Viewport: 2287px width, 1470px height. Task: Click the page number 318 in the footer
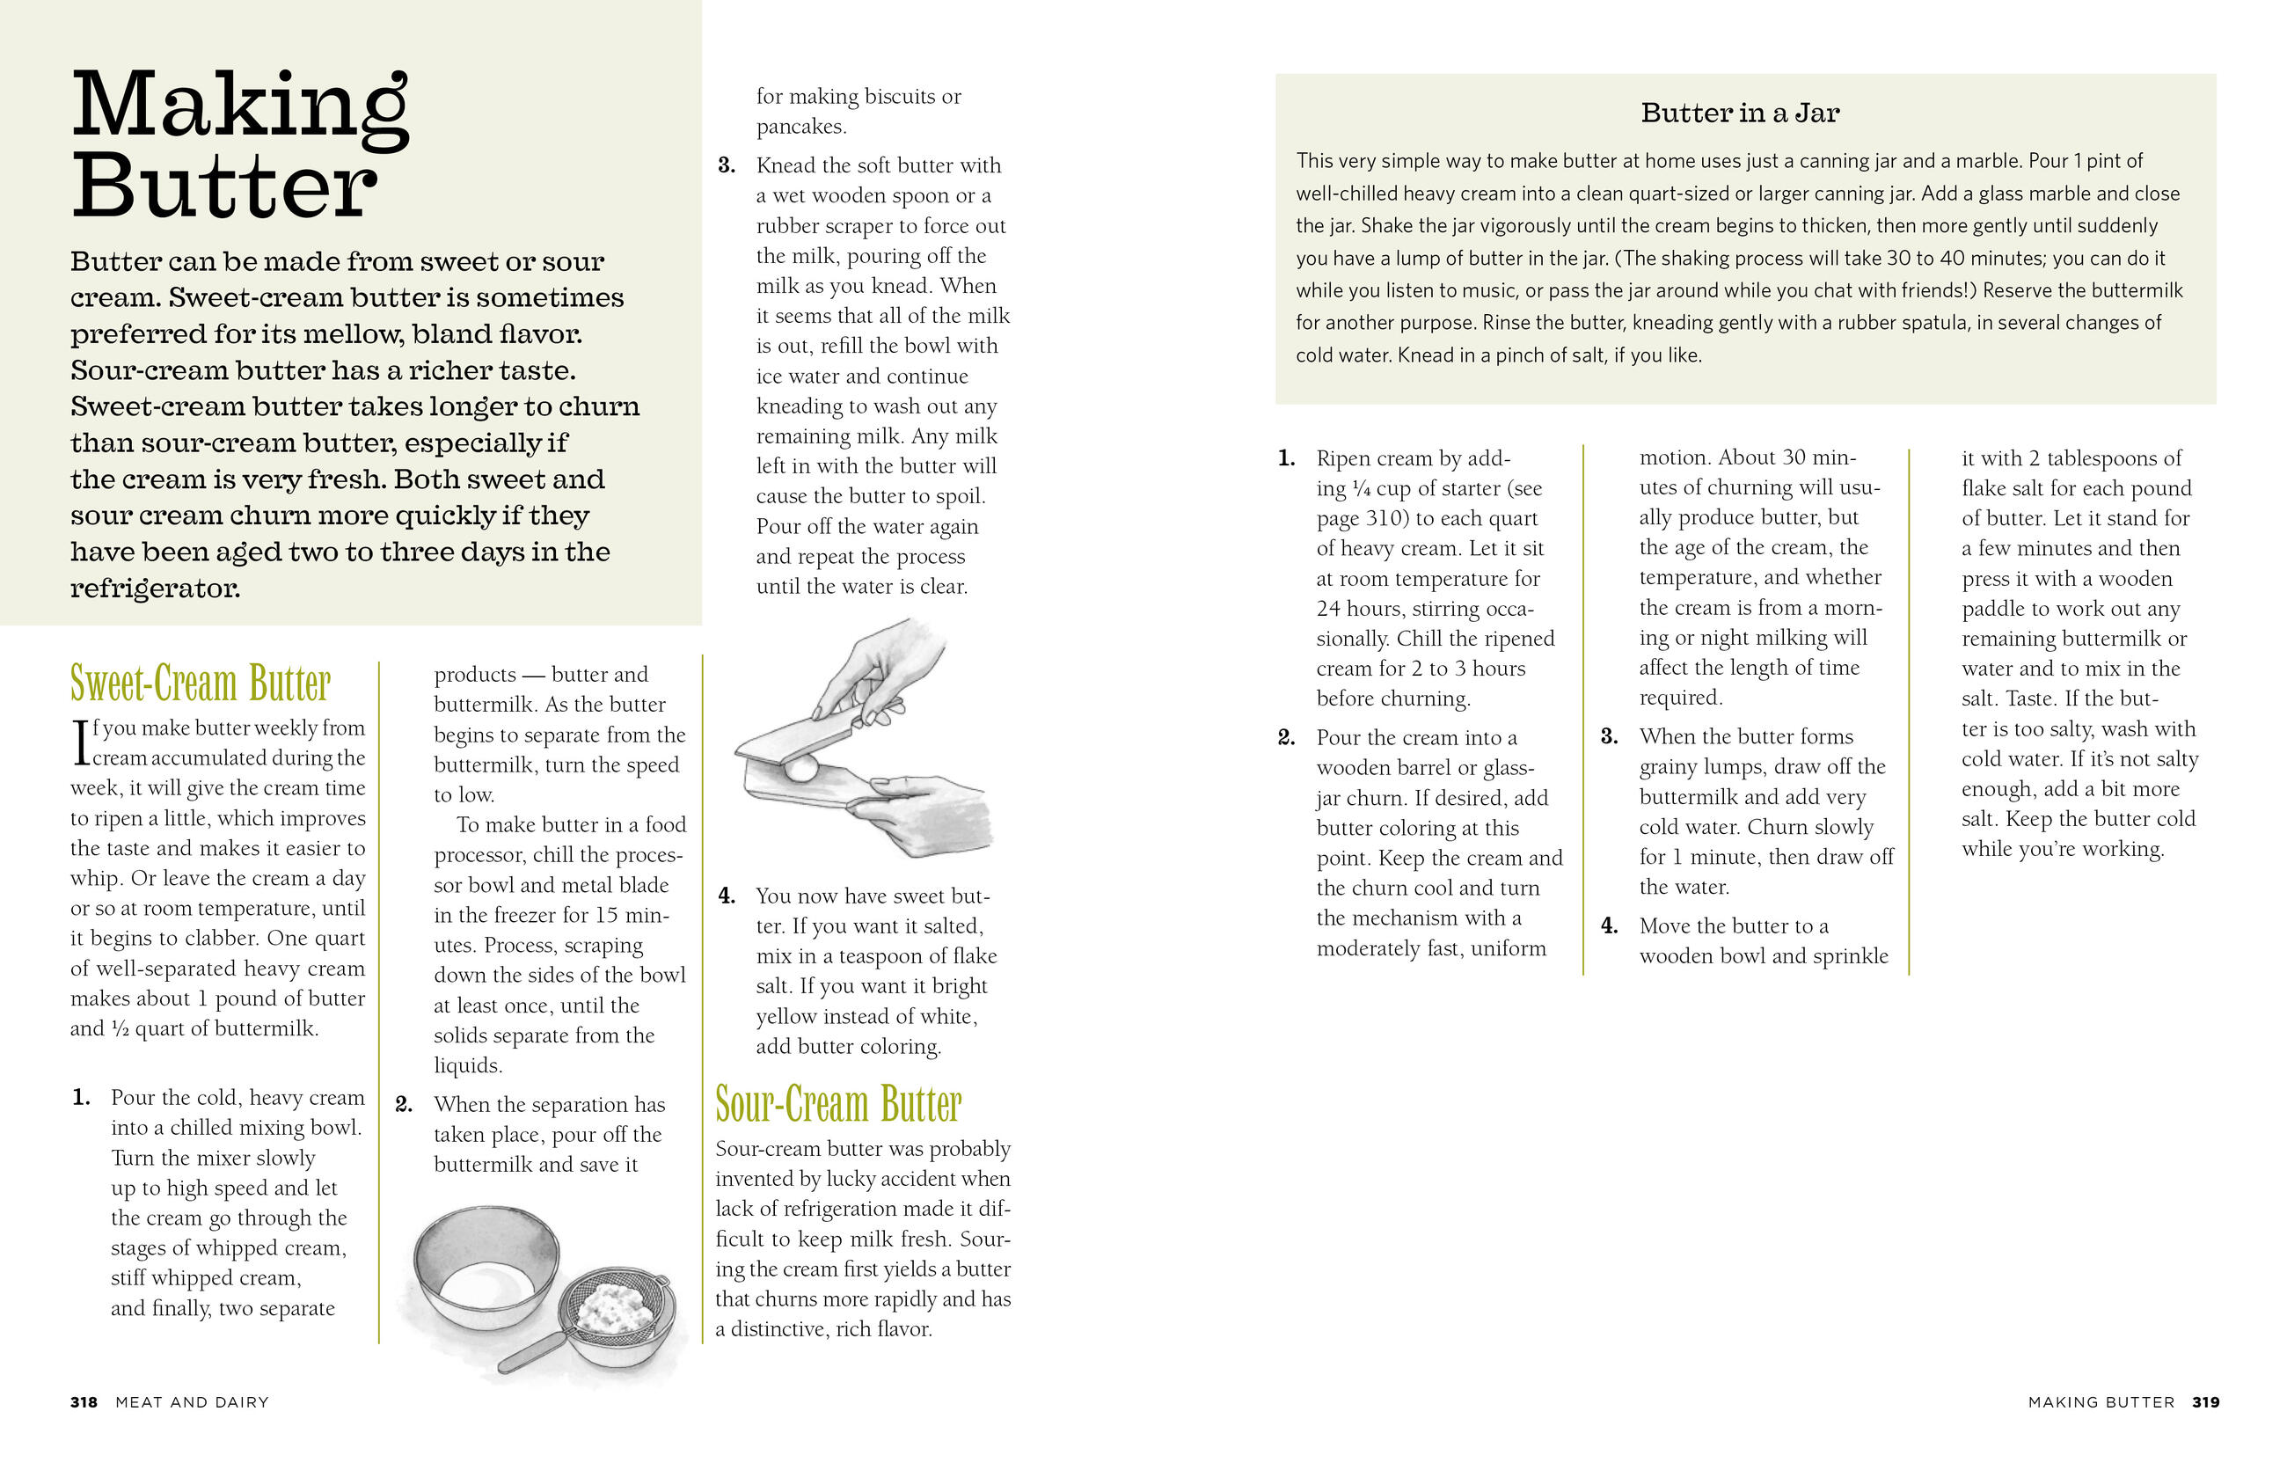point(84,1401)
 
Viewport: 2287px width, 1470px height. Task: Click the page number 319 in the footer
point(2205,1401)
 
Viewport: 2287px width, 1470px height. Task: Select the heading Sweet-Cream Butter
point(201,683)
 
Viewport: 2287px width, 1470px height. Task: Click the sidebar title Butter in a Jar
point(1739,113)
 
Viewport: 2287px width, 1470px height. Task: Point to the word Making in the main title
point(240,107)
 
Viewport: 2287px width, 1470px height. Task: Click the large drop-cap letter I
point(80,742)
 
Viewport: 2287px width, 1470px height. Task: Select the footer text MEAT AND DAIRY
point(192,1401)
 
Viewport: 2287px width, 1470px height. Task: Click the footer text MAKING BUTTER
point(2101,1401)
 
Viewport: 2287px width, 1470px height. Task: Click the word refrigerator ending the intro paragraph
point(154,588)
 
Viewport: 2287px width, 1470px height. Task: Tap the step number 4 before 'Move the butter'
point(1610,925)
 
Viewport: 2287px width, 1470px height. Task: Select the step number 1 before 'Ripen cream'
point(1286,458)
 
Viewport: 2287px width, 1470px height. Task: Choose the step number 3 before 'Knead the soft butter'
point(727,165)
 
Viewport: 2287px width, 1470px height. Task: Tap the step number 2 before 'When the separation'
point(404,1104)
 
